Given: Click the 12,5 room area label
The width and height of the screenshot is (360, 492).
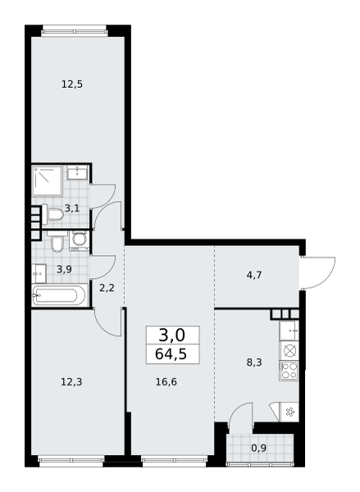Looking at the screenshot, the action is tap(72, 84).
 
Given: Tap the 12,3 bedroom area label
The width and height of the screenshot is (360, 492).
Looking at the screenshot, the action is tap(71, 382).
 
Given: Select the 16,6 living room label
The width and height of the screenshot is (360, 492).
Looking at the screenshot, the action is tap(166, 382).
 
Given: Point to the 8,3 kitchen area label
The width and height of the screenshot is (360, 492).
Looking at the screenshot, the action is tap(254, 362).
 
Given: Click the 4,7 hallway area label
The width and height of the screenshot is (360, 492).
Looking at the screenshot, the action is tap(254, 276).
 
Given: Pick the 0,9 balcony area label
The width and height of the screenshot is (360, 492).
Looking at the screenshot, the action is tap(259, 448).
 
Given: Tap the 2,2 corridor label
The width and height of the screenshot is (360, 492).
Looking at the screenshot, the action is tap(107, 288).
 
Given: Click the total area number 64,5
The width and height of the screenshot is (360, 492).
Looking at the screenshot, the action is tap(171, 354).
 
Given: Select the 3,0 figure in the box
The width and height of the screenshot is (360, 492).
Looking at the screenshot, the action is tap(172, 335).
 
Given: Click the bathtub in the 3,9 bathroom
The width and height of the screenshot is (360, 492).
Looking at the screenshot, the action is tap(59, 295).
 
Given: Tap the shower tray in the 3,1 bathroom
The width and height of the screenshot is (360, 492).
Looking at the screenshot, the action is tap(47, 181).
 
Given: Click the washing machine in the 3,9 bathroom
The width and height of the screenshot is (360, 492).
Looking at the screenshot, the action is tap(79, 242).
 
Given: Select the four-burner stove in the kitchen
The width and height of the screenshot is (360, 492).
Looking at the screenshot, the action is tap(289, 371).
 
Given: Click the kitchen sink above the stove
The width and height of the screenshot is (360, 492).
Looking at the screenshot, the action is tap(289, 330).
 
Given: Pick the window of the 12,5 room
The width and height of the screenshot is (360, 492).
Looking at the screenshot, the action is tap(75, 31).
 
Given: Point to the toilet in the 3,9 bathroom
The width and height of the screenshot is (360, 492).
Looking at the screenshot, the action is tap(57, 242).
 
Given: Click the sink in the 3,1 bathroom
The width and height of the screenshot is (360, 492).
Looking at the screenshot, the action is tap(77, 172).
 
